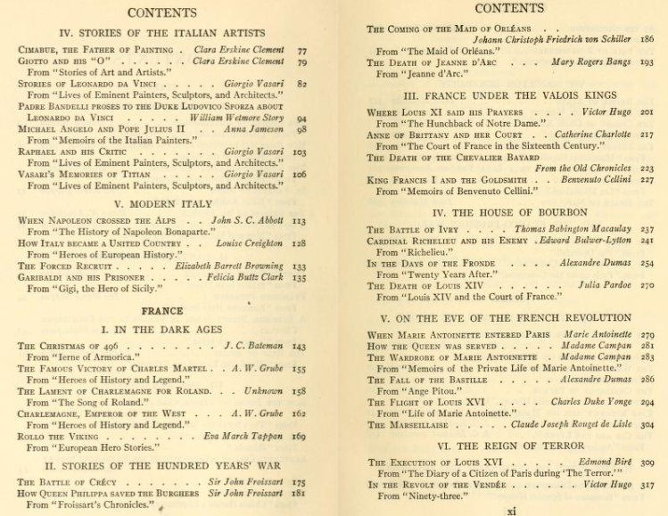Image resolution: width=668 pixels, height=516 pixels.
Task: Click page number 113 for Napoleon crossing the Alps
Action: click(x=299, y=220)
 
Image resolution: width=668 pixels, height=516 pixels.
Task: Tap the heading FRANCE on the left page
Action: click(x=161, y=311)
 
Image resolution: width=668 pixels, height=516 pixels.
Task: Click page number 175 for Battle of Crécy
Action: click(x=299, y=482)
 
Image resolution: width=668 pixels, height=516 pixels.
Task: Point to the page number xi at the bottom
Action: click(x=511, y=511)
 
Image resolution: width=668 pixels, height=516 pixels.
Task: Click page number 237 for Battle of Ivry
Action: click(x=647, y=229)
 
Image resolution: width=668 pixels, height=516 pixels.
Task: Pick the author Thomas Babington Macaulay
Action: click(x=565, y=229)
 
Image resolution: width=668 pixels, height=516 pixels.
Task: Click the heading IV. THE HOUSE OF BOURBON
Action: click(x=510, y=213)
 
